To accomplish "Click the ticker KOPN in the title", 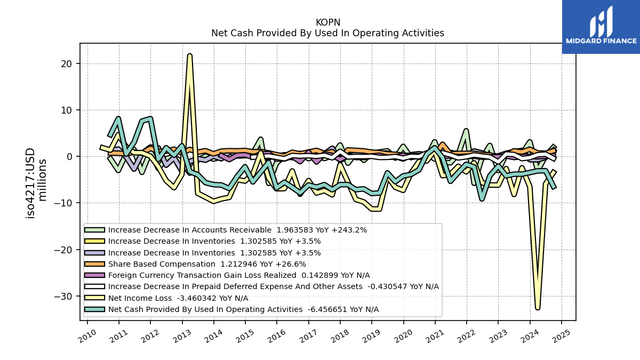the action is [x=327, y=22].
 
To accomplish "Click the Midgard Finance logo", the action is [x=601, y=27].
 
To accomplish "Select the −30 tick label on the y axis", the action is [x=63, y=297].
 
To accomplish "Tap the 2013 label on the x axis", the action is [x=182, y=337].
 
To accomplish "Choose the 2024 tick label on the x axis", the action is [x=530, y=337].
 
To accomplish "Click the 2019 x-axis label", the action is [x=371, y=337].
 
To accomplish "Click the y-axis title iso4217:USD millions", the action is [x=36, y=183].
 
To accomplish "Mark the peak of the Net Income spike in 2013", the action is [x=189, y=55].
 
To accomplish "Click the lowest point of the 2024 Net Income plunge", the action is [x=538, y=308].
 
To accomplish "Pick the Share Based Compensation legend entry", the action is [x=195, y=264].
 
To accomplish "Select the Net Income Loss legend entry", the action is [x=166, y=298].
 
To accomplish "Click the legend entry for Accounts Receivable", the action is [x=226, y=230].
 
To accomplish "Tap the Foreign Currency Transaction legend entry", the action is [x=227, y=275].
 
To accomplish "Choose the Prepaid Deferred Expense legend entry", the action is [x=262, y=286].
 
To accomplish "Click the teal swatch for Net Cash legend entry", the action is [x=94, y=309].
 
